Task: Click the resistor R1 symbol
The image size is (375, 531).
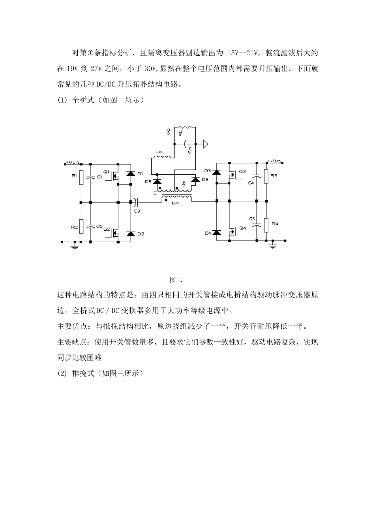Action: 81,177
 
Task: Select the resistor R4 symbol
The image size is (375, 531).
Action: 266,224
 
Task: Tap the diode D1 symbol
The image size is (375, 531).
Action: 130,173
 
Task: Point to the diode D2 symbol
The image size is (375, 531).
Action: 130,233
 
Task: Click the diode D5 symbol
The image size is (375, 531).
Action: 157,181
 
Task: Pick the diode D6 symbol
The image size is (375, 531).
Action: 195,180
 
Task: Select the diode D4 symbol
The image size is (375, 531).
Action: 216,233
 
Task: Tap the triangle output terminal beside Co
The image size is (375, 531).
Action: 205,144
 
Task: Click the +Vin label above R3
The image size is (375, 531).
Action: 274,161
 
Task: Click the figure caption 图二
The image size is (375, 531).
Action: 176,280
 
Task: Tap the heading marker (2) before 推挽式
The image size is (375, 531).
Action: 63,373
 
